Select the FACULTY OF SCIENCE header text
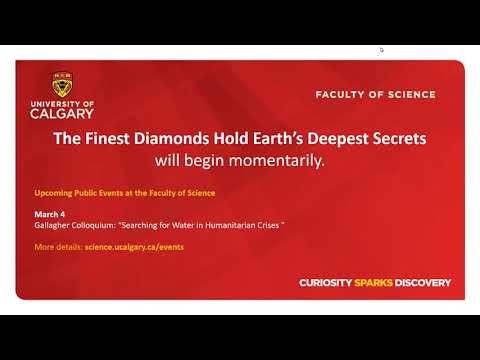(x=375, y=95)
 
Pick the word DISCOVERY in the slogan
(x=425, y=283)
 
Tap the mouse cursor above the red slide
(x=381, y=49)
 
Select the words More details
(x=56, y=246)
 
